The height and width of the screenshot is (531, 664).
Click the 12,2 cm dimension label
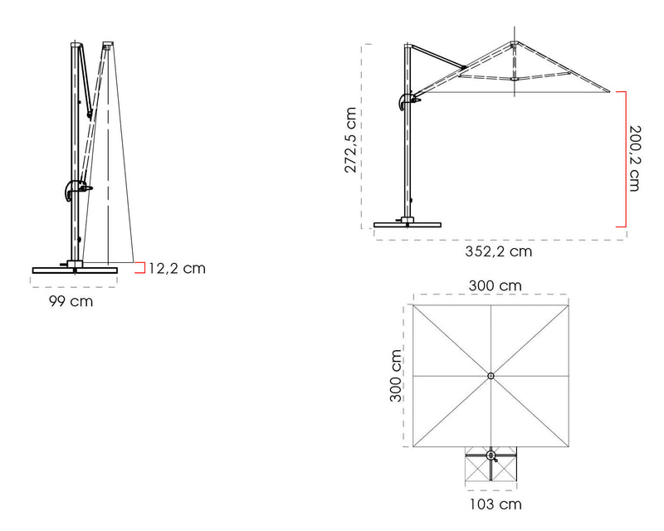(x=177, y=268)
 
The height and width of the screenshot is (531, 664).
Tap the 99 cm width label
(x=71, y=301)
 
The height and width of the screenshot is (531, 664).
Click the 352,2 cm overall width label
(x=499, y=251)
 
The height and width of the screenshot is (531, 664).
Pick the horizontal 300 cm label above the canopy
(x=495, y=285)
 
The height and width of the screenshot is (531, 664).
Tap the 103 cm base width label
(x=495, y=504)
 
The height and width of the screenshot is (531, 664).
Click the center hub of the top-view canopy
(x=491, y=376)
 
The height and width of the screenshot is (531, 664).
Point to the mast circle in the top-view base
(x=491, y=455)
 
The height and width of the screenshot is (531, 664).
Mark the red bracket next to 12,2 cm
(x=140, y=268)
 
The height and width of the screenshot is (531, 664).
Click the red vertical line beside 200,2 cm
(x=624, y=158)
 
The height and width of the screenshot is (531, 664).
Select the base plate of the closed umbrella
(x=75, y=270)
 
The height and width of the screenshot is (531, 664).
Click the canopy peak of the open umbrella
(x=515, y=42)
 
